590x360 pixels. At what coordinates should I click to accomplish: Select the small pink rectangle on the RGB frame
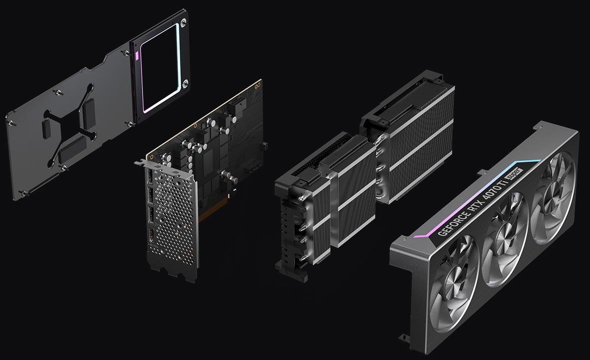coord(136,55)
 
